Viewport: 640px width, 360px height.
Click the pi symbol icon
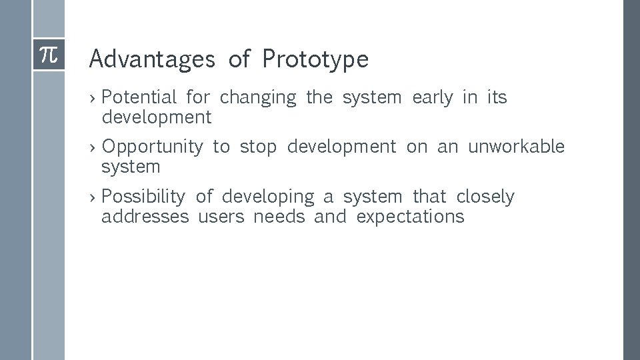[49, 55]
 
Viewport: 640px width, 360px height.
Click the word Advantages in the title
[152, 59]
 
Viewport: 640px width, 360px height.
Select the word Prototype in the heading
[315, 59]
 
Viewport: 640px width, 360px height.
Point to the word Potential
[139, 97]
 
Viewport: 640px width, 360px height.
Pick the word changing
[257, 98]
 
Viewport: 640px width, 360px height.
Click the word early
[432, 98]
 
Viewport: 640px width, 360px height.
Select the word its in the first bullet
[497, 97]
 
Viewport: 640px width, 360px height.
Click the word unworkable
[516, 147]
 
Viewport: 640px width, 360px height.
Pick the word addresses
[145, 217]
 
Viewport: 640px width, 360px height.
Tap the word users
[220, 217]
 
